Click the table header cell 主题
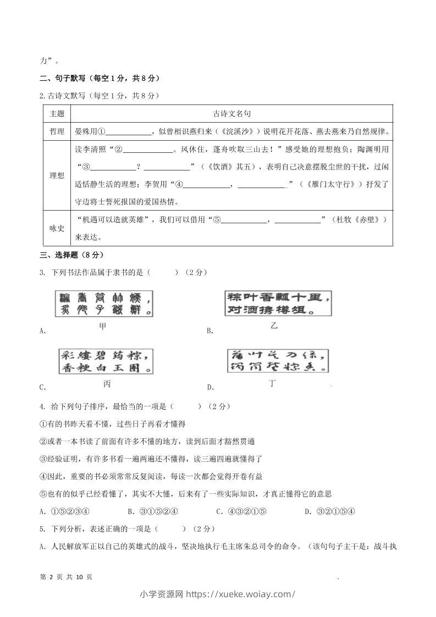(57, 114)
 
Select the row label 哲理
(57, 131)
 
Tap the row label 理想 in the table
(57, 175)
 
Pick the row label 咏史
(57, 227)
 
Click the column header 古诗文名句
(231, 114)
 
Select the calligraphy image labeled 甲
(102, 304)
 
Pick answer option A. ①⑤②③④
(64, 511)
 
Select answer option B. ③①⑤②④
(152, 511)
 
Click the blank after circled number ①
(129, 132)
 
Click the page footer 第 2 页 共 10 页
(67, 577)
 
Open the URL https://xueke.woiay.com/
(241, 594)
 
